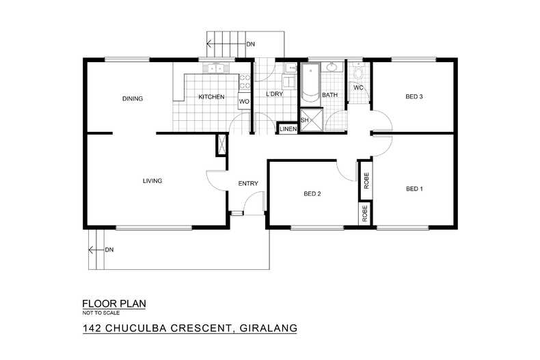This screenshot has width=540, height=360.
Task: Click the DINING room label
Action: [x=133, y=98]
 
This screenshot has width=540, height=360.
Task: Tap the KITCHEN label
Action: [x=211, y=97]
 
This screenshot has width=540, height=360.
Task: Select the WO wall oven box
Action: [x=243, y=102]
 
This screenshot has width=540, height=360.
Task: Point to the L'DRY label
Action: [x=274, y=95]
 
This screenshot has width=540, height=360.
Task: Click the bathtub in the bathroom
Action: [x=310, y=83]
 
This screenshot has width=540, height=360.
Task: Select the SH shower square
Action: [x=306, y=120]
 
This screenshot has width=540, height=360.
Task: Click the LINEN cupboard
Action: [x=288, y=129]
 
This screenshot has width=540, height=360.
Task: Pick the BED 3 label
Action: [x=414, y=97]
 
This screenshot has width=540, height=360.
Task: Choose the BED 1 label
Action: [x=414, y=189]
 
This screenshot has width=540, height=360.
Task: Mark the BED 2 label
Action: [x=312, y=194]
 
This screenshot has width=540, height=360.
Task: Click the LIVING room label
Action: [x=152, y=181]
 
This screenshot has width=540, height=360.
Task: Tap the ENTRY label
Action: [x=247, y=184]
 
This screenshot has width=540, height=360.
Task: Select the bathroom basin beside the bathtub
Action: [x=333, y=67]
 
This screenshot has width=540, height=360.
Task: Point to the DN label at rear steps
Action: [x=251, y=44]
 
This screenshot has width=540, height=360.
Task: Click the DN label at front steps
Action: [x=109, y=249]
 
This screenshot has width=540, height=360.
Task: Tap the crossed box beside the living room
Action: [x=221, y=146]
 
